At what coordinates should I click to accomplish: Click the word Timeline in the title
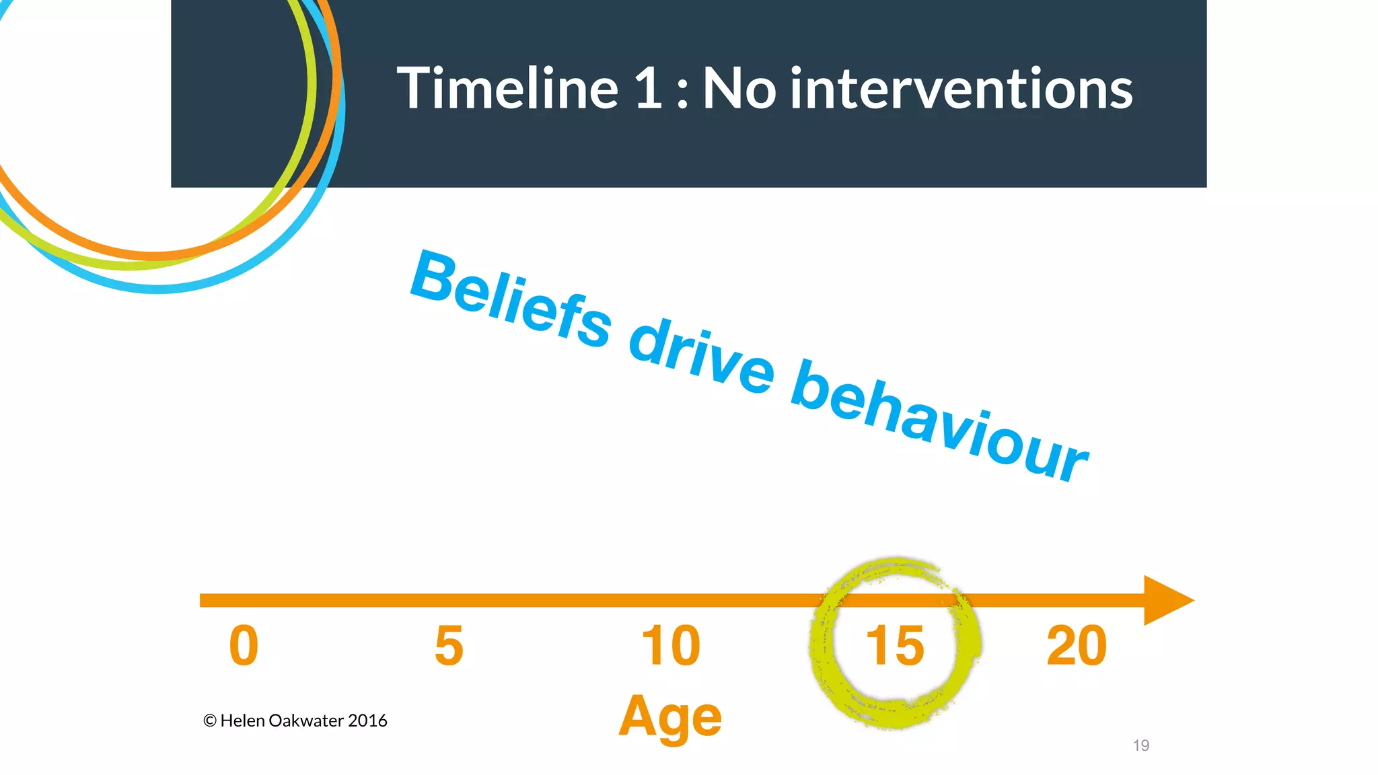(507, 89)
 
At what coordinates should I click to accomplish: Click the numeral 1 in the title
(649, 89)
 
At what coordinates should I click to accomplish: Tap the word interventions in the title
(962, 89)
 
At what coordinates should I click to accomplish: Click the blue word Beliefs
(511, 300)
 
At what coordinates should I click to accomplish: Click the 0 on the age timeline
(244, 646)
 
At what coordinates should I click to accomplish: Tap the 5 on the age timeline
(449, 646)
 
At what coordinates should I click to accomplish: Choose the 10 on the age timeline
(671, 646)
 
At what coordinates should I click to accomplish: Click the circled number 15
(894, 646)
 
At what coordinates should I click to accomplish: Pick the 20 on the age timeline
(1077, 646)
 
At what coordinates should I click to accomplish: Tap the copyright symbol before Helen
(209, 721)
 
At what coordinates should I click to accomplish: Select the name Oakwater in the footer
(306, 721)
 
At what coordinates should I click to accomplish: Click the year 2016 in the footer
(367, 721)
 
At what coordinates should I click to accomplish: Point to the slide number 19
(1140, 745)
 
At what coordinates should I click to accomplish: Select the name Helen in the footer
(242, 721)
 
